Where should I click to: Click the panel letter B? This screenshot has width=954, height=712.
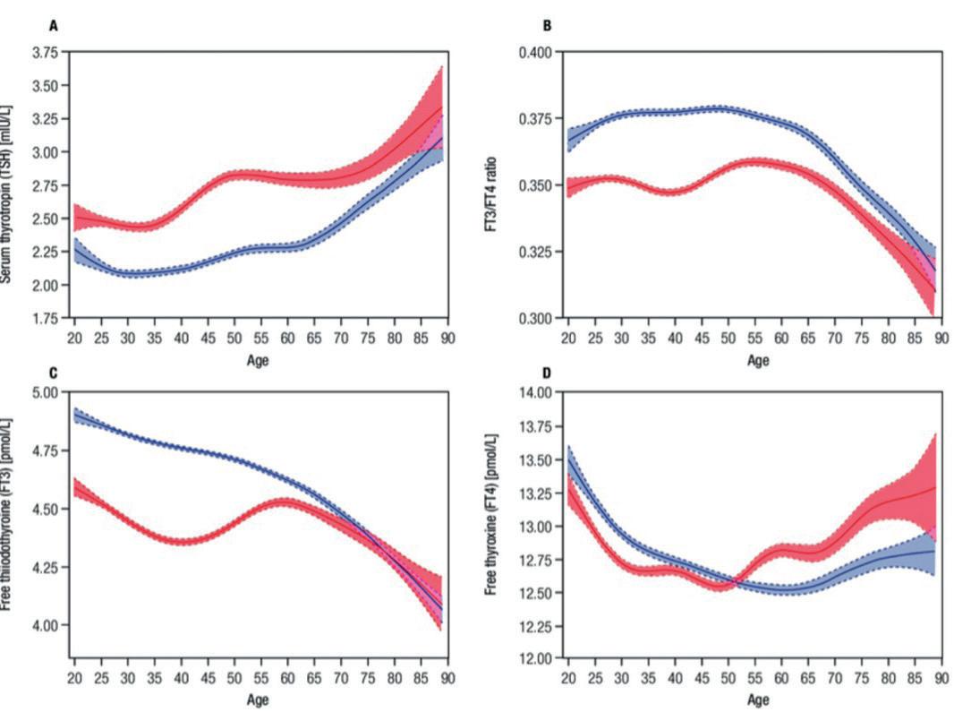(548, 26)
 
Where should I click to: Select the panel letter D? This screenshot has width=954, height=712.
(548, 372)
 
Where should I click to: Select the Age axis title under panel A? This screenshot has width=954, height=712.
(258, 360)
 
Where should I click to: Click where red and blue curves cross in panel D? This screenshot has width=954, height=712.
(731, 583)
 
